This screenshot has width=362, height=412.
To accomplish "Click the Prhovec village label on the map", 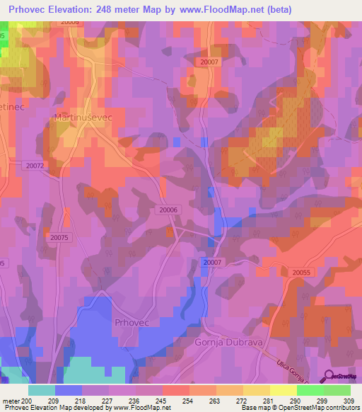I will (x=129, y=322).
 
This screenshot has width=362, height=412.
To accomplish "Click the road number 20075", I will (x=59, y=238).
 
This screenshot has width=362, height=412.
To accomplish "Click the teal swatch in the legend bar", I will (x=42, y=389).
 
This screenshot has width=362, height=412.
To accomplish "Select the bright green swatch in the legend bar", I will (x=310, y=389).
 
